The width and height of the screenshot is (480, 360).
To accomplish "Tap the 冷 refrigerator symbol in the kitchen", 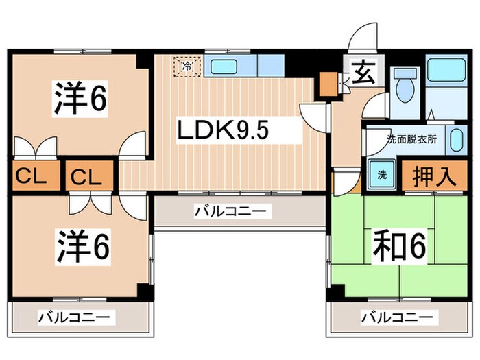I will tap(187, 67).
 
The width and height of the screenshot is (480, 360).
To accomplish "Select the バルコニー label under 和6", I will tap(397, 317).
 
